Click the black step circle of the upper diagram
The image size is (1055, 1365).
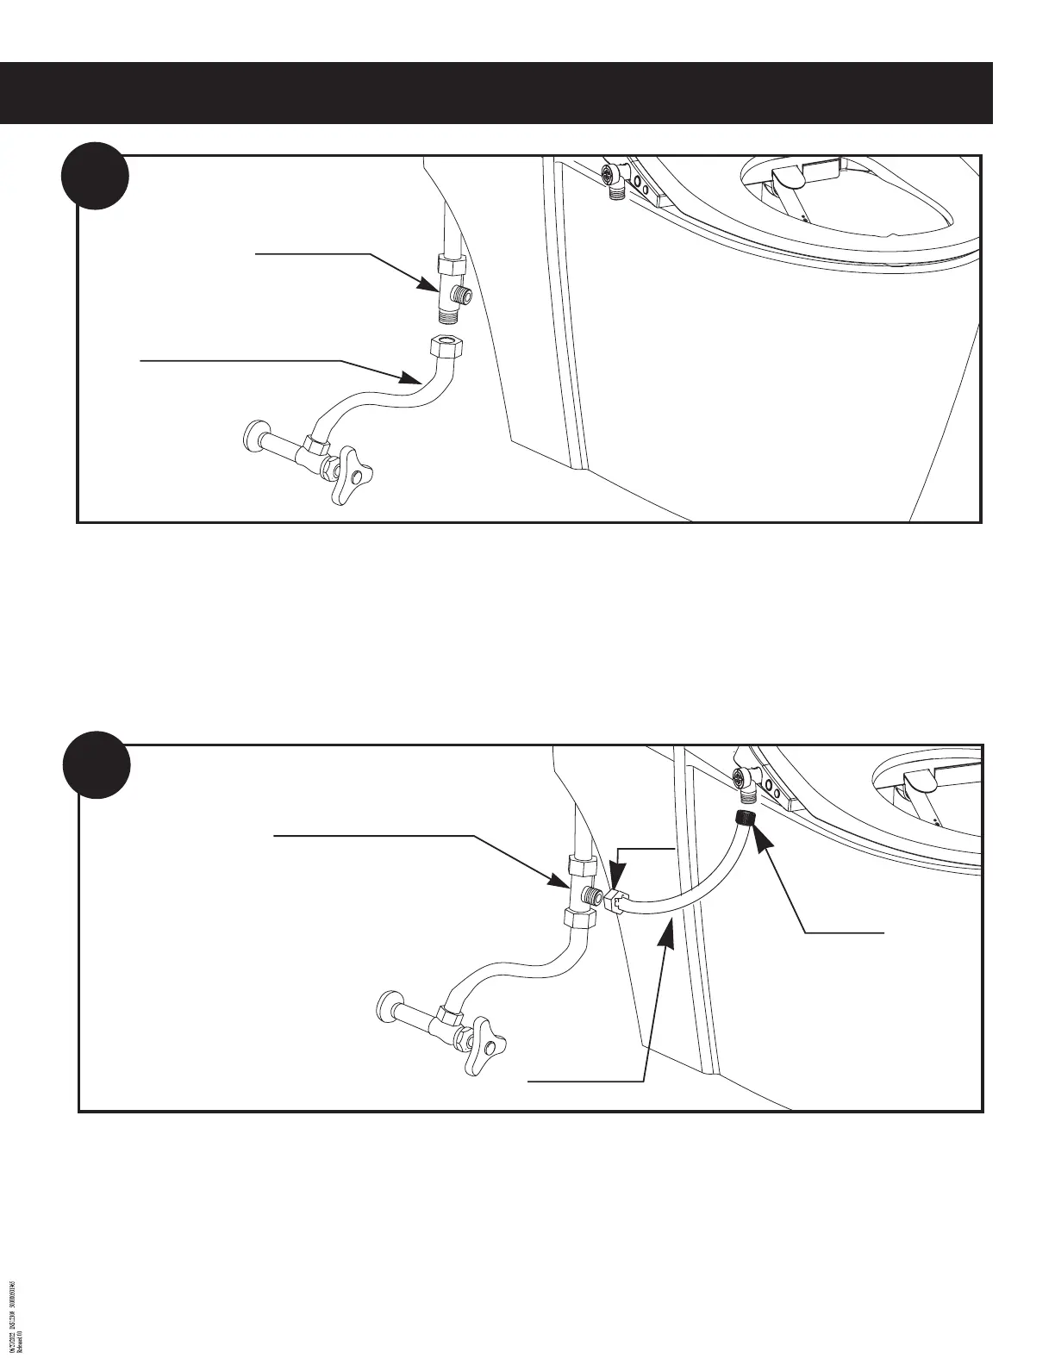[95, 176]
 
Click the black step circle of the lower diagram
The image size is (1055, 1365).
[97, 764]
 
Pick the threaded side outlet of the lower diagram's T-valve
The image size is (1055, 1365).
[592, 894]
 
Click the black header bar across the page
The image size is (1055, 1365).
[496, 93]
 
